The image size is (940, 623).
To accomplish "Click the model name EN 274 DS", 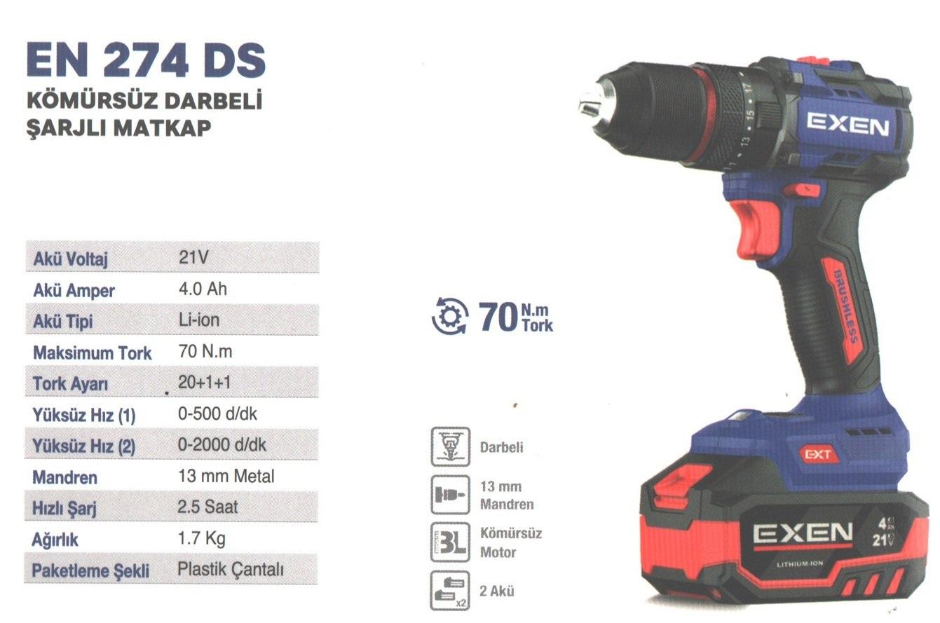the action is [x=146, y=60].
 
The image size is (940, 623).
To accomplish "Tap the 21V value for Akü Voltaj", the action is [x=193, y=257].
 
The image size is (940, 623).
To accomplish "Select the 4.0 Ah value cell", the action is [x=203, y=289].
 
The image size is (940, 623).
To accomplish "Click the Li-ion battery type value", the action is [x=199, y=320].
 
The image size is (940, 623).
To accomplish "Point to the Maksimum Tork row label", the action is [x=92, y=352].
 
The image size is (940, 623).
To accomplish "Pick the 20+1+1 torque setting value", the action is [x=205, y=382].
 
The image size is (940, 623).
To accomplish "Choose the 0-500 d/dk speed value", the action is [x=217, y=413].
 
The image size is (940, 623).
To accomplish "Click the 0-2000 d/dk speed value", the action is [x=222, y=445].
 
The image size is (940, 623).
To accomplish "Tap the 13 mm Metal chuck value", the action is [x=226, y=476].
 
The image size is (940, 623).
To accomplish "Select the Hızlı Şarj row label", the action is [x=64, y=508].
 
